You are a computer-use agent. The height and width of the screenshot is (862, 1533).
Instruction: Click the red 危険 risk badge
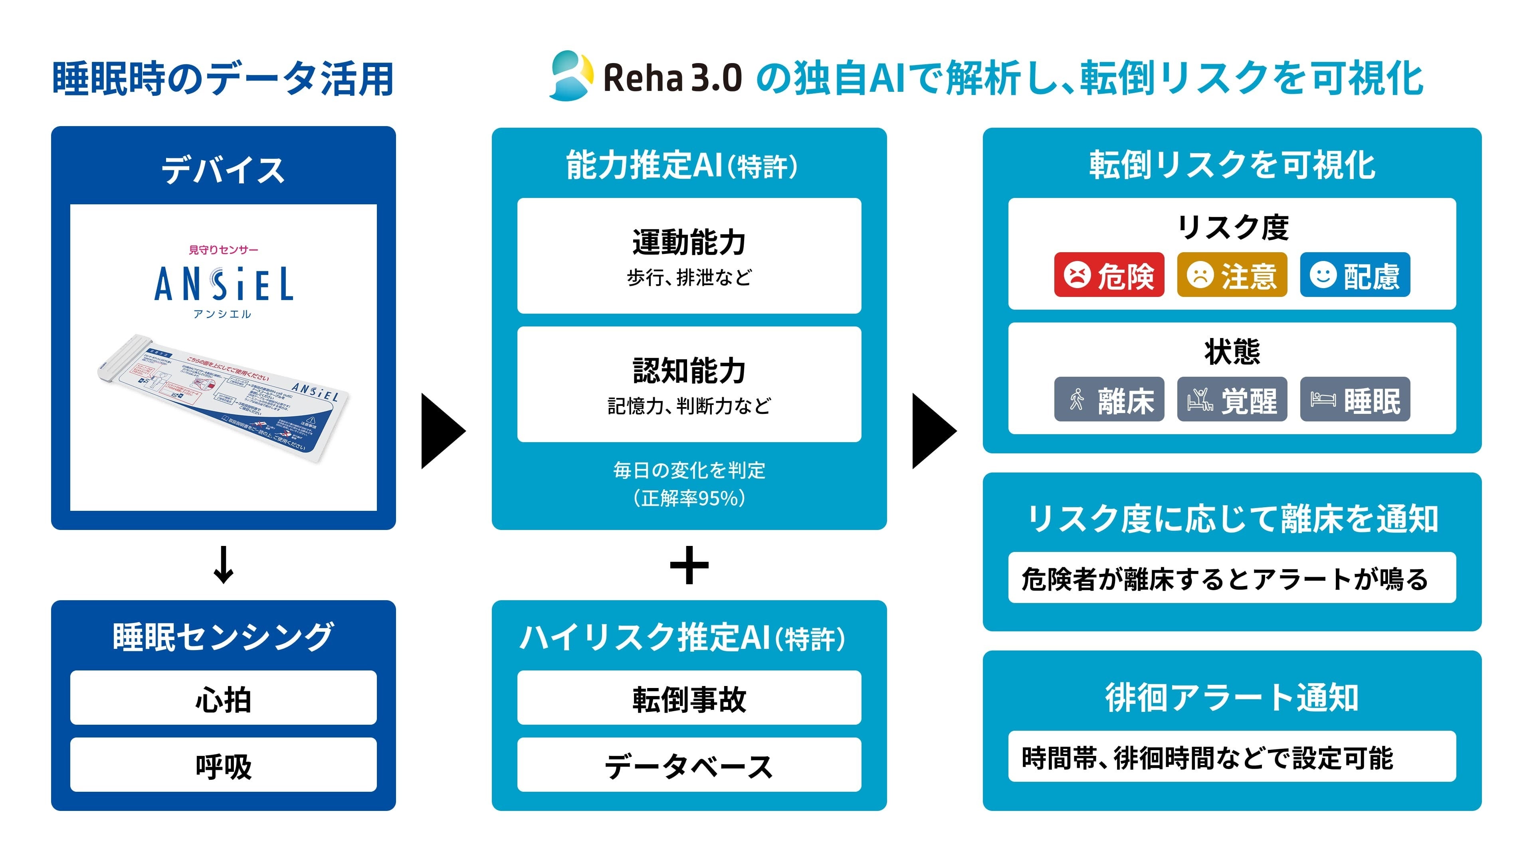click(1109, 275)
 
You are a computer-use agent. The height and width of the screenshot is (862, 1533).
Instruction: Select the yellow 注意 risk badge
click(1232, 275)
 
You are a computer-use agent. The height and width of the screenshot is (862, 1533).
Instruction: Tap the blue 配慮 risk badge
click(1355, 275)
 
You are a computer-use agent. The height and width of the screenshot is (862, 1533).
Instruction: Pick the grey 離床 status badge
click(1109, 399)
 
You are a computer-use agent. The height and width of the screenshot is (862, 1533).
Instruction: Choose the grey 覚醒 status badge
click(1232, 399)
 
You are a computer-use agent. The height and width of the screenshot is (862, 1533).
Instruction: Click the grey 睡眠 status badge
click(1355, 399)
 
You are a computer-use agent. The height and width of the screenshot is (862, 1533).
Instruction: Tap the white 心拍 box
click(223, 698)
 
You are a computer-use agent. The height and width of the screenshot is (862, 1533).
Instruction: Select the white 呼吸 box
click(223, 765)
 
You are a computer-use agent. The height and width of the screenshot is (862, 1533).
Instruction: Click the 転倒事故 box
click(689, 698)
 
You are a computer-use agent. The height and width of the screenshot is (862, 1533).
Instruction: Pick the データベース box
click(689, 765)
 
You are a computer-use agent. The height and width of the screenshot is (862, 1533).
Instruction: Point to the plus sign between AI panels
click(689, 565)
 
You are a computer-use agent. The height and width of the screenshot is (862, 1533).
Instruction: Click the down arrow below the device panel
click(223, 565)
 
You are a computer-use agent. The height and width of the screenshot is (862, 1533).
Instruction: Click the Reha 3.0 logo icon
click(570, 76)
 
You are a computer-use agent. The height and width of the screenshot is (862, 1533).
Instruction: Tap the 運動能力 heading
click(689, 242)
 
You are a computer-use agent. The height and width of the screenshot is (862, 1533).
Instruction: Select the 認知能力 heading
click(689, 371)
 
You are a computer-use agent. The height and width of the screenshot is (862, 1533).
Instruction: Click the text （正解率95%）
click(689, 498)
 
